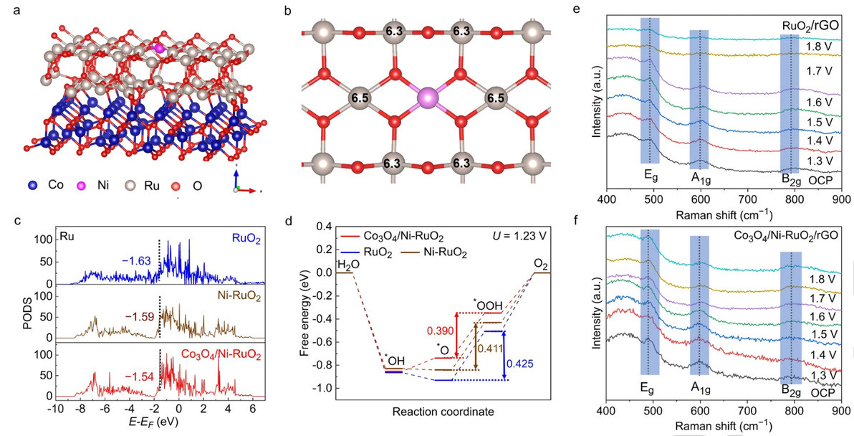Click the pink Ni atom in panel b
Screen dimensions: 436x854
(x=427, y=98)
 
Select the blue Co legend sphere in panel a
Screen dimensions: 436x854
(x=32, y=185)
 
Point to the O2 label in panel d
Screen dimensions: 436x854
(x=541, y=263)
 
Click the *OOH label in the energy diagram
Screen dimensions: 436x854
(x=479, y=305)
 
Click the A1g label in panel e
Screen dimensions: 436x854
(x=700, y=178)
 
